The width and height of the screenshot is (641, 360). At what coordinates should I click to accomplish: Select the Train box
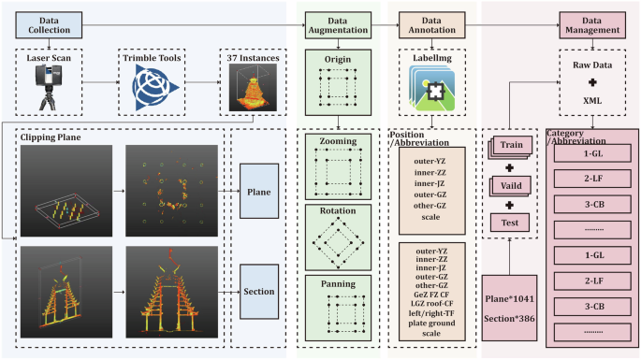point(511,145)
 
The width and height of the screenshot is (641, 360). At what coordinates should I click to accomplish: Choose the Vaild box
point(511,185)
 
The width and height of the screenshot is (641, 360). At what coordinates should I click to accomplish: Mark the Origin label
point(337,59)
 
